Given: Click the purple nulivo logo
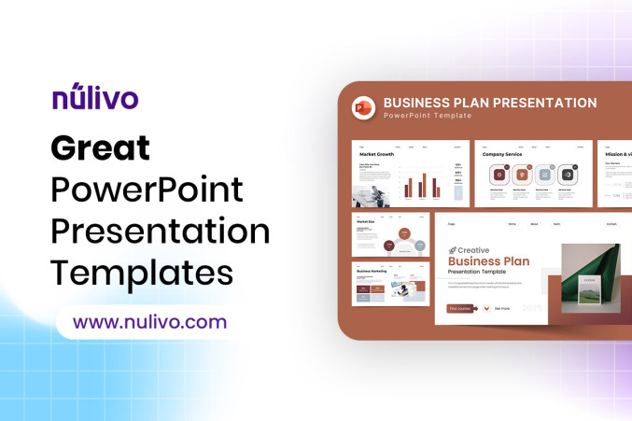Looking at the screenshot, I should click(95, 97).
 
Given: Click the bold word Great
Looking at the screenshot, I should click(100, 147).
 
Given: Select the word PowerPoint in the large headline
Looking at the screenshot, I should click(147, 189).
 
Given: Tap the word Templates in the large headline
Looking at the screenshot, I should click(141, 272).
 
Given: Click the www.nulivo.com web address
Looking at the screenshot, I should click(149, 323).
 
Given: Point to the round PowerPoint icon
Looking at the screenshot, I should click(363, 107).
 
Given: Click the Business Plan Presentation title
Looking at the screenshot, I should click(490, 103).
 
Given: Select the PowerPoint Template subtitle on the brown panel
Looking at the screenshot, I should click(428, 116).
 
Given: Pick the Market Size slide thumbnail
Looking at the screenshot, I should click(389, 234).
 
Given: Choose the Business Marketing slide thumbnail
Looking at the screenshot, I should click(389, 284).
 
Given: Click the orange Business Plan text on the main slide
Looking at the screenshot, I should click(489, 261).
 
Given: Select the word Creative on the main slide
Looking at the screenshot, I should click(473, 250).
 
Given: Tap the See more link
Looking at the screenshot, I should click(502, 308).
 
